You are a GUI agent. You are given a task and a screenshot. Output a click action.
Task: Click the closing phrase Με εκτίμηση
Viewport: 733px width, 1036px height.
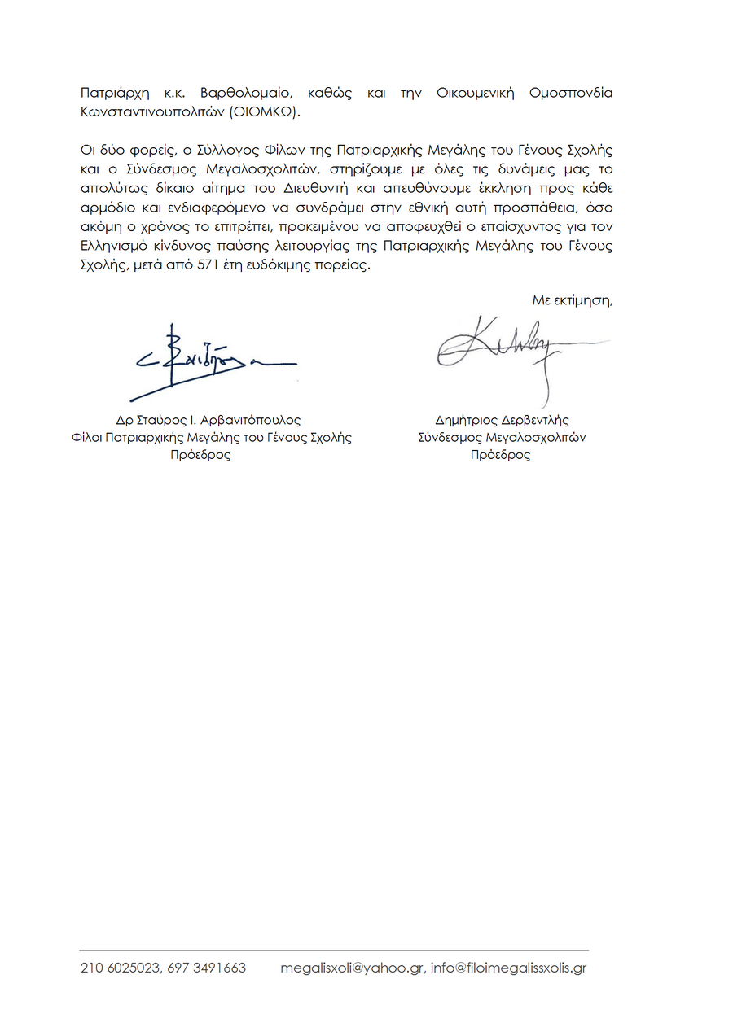[572, 300]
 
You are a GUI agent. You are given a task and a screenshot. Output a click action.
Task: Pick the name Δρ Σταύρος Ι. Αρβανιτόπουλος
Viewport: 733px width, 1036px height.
[208, 421]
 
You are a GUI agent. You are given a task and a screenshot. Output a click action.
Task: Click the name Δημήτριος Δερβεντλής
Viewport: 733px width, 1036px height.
[502, 421]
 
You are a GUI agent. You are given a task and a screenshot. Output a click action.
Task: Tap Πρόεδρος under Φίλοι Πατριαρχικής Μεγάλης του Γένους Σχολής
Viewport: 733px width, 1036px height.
[200, 455]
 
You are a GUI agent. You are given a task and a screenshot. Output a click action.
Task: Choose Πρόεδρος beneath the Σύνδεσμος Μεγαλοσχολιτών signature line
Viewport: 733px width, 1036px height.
[500, 455]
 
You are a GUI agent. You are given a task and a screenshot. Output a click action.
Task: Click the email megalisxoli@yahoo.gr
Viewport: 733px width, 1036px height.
[351, 968]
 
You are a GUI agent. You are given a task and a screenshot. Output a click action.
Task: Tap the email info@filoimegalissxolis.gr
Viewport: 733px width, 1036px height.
[509, 968]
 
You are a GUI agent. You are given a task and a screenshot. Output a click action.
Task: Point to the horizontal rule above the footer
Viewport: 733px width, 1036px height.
[334, 950]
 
